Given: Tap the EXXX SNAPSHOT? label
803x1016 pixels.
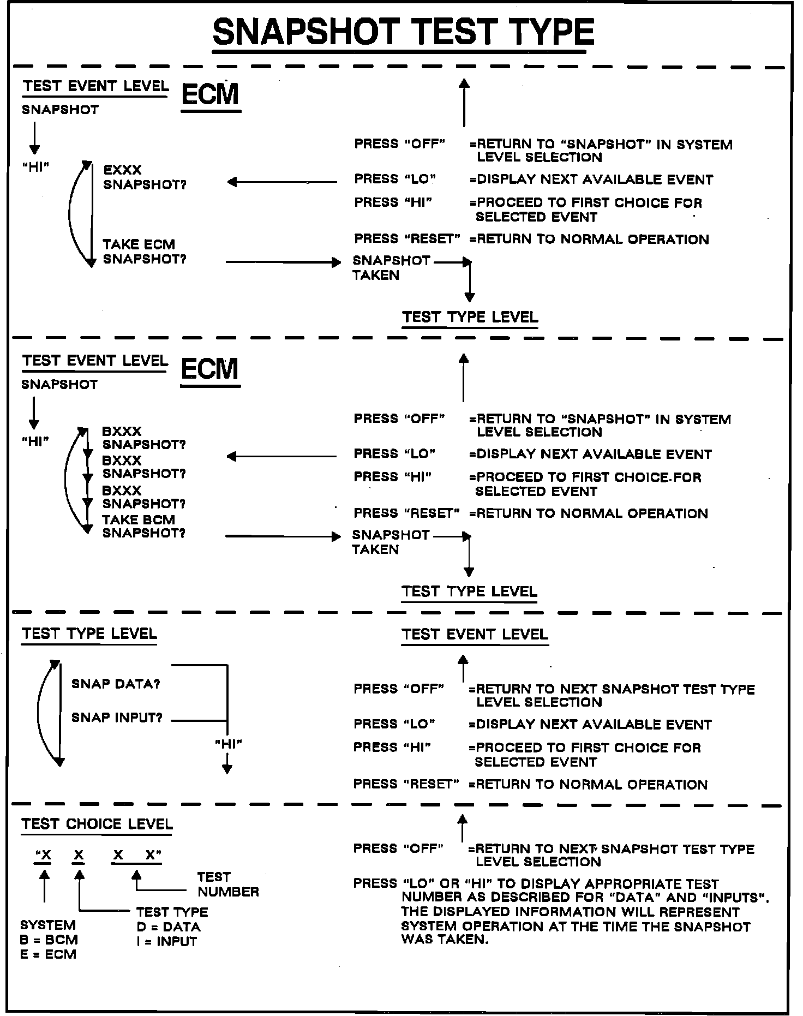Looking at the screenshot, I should tap(145, 177).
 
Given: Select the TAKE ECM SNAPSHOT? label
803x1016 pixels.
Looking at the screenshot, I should tap(144, 252).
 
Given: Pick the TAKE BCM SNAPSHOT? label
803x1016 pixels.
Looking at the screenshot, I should tap(143, 526).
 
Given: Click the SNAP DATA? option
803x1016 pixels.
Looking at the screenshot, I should tap(116, 684).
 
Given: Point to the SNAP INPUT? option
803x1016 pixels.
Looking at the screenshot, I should tap(117, 718).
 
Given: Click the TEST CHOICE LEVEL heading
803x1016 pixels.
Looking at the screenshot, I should tap(97, 824).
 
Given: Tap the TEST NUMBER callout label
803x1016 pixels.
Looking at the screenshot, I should tap(227, 884).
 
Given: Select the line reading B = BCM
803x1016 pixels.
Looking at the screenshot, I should tap(49, 940).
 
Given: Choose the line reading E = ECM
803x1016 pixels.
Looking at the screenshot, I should tap(48, 954).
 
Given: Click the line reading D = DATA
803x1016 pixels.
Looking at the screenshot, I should tap(169, 927).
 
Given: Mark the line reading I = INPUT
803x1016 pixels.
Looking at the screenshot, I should tap(166, 941).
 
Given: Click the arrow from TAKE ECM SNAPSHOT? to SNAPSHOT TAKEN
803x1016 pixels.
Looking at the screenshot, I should tap(283, 262).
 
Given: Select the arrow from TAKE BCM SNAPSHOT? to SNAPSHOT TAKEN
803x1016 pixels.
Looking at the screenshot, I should tap(283, 537).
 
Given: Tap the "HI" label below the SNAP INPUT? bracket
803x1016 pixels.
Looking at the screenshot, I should tap(228, 744).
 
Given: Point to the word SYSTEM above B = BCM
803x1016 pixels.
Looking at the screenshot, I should tap(48, 925).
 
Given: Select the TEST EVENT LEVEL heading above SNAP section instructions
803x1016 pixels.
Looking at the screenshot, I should tap(475, 634).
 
